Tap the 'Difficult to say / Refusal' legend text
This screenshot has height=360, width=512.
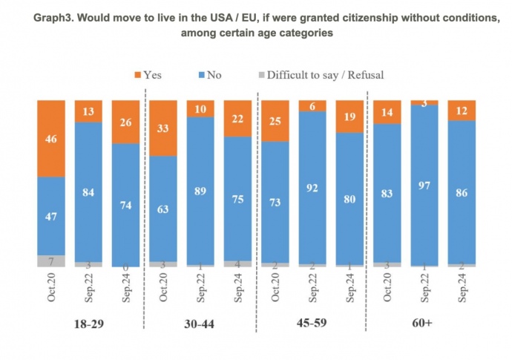pyautogui.click(x=325, y=75)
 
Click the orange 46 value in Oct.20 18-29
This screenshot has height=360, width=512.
pyautogui.click(x=52, y=138)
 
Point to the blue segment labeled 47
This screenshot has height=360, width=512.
pyautogui.click(x=52, y=216)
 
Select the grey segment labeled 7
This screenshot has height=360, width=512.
pyautogui.click(x=52, y=261)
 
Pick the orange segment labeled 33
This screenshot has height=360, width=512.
pyautogui.click(x=163, y=128)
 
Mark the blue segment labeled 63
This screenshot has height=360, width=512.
pyautogui.click(x=163, y=209)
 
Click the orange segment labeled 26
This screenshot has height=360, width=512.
pyautogui.click(x=126, y=122)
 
